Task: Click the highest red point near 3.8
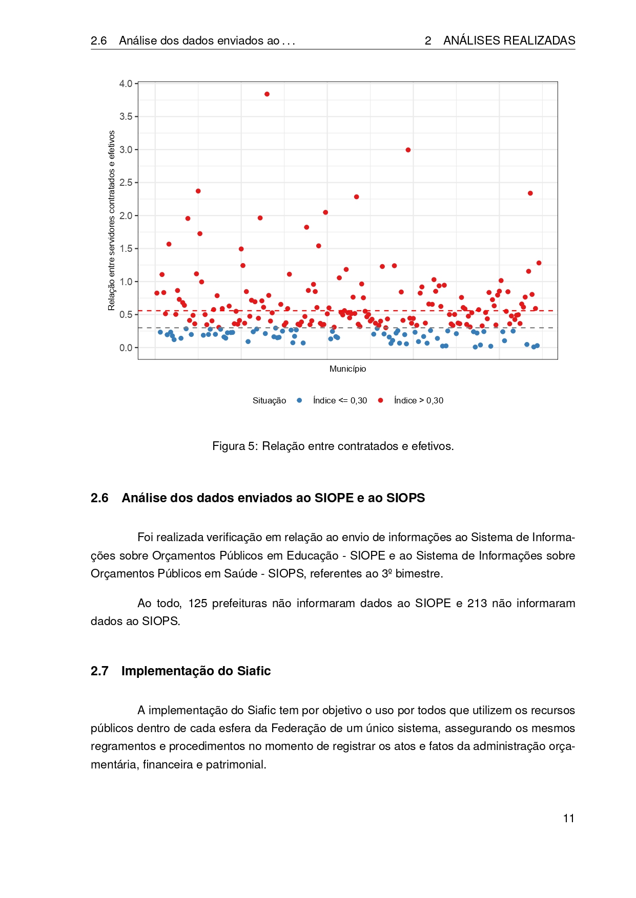(x=267, y=94)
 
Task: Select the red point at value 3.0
(x=408, y=150)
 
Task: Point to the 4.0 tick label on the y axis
(x=126, y=83)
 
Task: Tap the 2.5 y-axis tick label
(x=126, y=183)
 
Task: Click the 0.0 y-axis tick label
(x=126, y=348)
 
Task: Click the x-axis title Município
(x=347, y=369)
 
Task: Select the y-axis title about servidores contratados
(x=112, y=220)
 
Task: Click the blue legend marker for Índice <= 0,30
(x=299, y=400)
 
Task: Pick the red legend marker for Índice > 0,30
(x=380, y=400)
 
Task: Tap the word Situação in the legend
(x=269, y=400)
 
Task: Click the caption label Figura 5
(x=236, y=446)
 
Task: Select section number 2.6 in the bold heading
(x=99, y=498)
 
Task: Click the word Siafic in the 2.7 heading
(x=254, y=671)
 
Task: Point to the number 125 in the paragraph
(x=197, y=603)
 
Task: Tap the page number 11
(x=568, y=818)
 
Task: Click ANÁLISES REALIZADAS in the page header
(x=509, y=40)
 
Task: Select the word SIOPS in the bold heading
(x=405, y=498)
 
